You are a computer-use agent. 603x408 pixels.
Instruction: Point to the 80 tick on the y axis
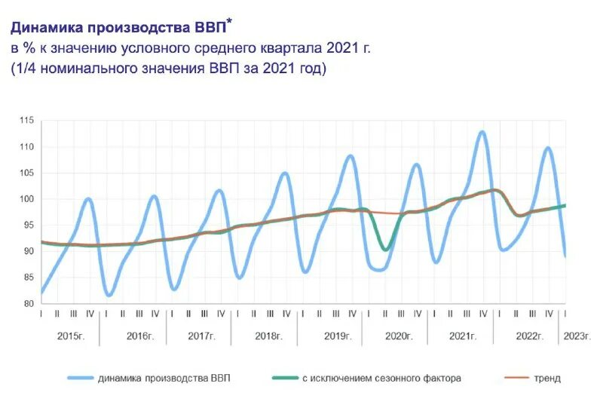28,304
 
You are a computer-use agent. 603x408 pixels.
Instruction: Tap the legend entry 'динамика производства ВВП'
164,378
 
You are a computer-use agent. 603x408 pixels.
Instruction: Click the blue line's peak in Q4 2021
482,132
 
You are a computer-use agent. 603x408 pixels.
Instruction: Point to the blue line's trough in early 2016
109,295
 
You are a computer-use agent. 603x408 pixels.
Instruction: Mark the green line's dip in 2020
385,249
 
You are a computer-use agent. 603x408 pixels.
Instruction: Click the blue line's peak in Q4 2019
350,156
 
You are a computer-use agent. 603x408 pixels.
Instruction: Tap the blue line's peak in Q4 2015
89,199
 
